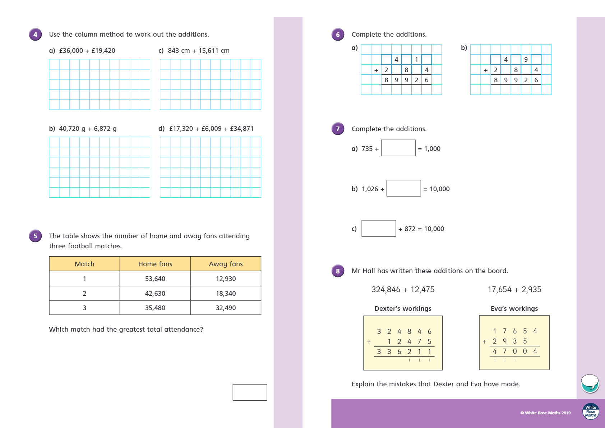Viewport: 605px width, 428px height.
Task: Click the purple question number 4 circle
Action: coord(35,34)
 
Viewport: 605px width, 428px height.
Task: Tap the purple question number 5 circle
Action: coord(35,236)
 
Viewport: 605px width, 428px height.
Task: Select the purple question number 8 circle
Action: coord(338,271)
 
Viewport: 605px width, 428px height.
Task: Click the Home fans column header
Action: coord(155,264)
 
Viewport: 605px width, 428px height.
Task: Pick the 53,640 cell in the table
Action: coord(155,279)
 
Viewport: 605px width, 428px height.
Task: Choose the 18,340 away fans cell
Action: coord(226,294)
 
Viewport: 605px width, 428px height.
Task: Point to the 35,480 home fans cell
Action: coord(155,308)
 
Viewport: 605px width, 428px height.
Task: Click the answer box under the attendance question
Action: coord(250,392)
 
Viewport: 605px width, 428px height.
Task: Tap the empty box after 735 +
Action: coord(398,148)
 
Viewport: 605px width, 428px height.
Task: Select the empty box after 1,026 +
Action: coord(403,188)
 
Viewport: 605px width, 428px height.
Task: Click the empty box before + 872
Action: coord(379,229)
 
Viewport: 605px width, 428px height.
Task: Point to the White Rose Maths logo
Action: coord(591,411)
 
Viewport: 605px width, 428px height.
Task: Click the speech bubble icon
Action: coord(590,383)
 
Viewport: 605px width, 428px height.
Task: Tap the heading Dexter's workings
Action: coord(403,309)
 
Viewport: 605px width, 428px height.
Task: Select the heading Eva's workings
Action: coord(514,309)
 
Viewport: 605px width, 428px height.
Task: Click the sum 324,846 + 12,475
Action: coord(403,290)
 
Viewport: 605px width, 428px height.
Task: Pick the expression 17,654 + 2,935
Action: coord(514,290)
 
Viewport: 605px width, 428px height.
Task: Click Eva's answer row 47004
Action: coord(514,351)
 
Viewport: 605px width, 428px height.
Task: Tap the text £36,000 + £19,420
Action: coord(87,51)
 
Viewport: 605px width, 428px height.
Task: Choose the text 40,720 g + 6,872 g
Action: coord(88,129)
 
